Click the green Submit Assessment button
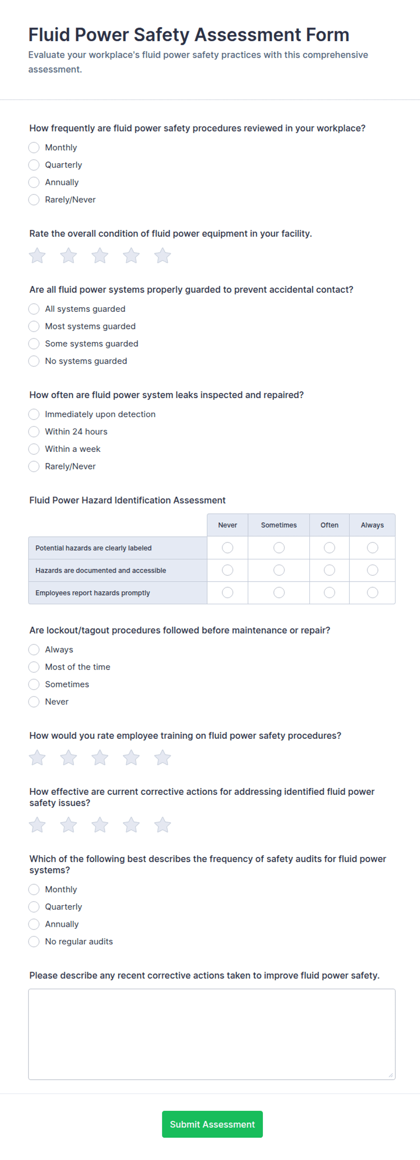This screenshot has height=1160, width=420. coord(212,1124)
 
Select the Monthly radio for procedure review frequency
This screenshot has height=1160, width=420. coord(34,148)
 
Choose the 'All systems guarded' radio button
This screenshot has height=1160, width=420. coord(34,309)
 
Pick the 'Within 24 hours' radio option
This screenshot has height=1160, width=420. coord(34,432)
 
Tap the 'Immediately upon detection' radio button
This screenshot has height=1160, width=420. coord(34,414)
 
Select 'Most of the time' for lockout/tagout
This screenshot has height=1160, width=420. coord(34,667)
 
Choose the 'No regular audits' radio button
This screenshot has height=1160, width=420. coord(34,941)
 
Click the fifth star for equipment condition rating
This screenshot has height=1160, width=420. coord(163,256)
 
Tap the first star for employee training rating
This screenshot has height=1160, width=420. coord(37,758)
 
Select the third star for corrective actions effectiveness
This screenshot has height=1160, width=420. coord(100,825)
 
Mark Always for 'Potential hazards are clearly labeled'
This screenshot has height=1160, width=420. coord(372,548)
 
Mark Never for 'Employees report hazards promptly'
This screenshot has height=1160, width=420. coord(228,592)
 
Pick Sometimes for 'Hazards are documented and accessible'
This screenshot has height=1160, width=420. coord(279,570)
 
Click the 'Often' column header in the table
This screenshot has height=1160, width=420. coord(329,525)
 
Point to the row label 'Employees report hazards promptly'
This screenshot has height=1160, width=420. coord(93,593)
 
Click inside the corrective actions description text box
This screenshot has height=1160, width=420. coord(211,1034)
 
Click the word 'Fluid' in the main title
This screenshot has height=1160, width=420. coord(49,35)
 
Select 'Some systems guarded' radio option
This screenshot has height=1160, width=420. coord(34,344)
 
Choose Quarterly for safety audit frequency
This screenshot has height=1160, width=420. coord(34,907)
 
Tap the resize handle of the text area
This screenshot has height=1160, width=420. coord(391,1075)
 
